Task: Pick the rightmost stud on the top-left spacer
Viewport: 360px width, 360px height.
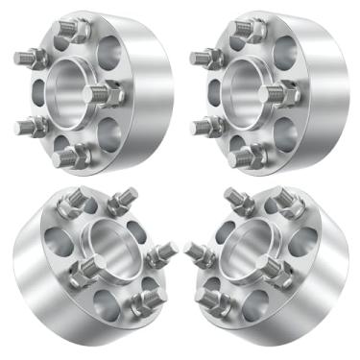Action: coord(103,94)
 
